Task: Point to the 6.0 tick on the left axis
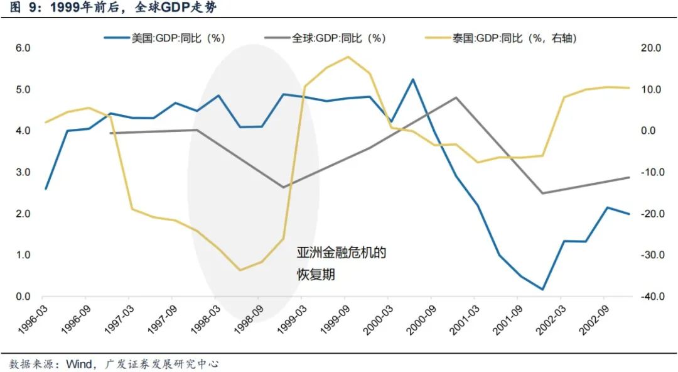pos(23,48)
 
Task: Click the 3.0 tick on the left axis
pos(23,172)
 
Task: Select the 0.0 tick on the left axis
pos(23,297)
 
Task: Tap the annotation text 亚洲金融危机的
pos(341,253)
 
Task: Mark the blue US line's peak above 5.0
pos(412,80)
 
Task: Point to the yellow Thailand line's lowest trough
pos(239,270)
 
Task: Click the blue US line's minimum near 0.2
pos(542,290)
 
